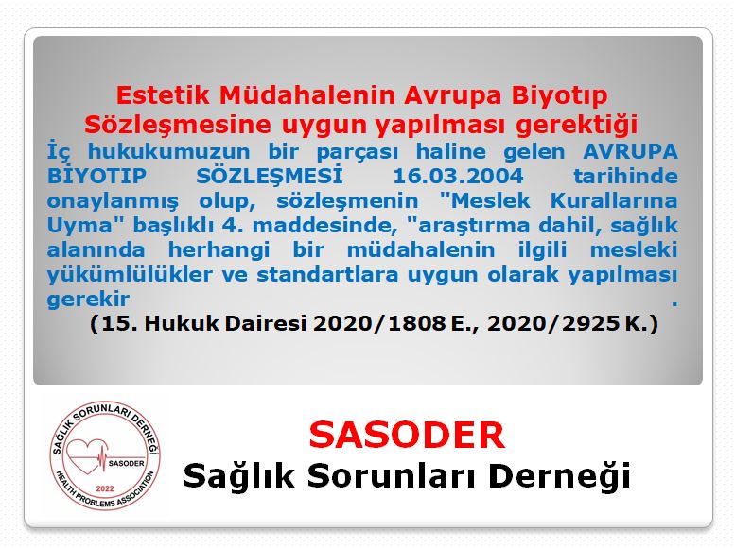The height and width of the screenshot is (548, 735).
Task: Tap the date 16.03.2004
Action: (x=464, y=177)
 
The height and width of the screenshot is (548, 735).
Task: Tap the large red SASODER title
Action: (x=407, y=434)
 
